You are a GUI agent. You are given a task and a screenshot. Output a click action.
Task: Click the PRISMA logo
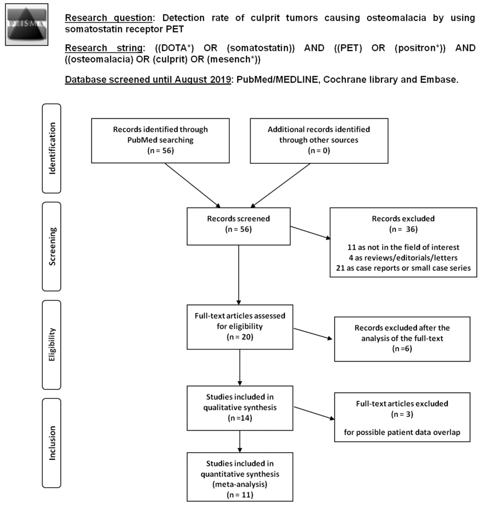27,25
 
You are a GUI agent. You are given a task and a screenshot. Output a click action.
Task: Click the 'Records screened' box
238,226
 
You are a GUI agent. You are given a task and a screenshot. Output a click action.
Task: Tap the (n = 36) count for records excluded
403,229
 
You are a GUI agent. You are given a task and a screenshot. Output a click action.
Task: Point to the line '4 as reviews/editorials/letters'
403,258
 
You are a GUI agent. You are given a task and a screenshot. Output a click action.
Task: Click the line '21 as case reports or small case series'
403,268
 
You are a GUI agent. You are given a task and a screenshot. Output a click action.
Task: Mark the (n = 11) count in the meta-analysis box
240,495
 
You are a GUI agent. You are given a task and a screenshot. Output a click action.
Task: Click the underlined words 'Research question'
108,18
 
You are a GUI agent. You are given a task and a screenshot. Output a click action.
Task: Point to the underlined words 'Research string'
104,48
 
